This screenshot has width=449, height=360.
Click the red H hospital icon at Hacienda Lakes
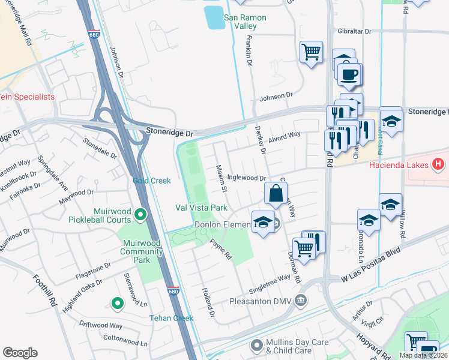pos(439,164)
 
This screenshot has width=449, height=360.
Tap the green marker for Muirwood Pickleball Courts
pos(140,214)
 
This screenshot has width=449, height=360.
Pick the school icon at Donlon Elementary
pos(263,221)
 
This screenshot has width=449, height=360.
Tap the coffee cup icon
pos(348,74)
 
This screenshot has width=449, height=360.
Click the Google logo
pos(20,353)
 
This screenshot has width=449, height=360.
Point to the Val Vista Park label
pos(201,208)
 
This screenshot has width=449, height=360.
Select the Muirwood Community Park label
pos(142,247)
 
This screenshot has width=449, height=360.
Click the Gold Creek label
pos(152,181)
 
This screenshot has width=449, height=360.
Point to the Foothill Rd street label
pos(44,291)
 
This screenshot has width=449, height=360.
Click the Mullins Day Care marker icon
pos(257,345)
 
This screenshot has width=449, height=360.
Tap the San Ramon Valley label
pos(244,22)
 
